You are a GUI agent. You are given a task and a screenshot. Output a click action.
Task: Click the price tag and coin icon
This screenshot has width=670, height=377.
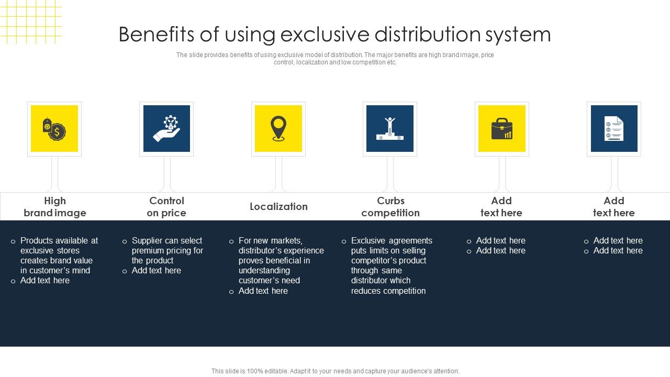54,129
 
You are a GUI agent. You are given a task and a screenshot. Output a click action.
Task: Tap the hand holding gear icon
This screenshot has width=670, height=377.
166,129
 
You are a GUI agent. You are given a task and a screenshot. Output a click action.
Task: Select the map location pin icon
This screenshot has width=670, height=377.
278,129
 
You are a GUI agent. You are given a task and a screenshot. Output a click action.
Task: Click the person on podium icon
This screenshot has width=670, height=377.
390,129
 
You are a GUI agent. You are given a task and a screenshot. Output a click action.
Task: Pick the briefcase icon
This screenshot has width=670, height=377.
502,129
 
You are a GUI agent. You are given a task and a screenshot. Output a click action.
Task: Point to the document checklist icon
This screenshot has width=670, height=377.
614,129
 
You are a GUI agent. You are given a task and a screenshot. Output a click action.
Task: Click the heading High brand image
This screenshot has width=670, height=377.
55,207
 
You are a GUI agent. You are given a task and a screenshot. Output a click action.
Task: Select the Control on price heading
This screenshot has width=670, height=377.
166,207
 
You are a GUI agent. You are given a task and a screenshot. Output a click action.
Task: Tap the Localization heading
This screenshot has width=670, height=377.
278,206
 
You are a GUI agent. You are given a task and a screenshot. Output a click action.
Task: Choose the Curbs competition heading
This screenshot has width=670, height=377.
390,207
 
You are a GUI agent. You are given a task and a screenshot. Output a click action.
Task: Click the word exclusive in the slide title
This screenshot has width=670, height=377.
316,35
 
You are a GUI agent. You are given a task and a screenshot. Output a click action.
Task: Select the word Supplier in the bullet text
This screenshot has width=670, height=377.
148,240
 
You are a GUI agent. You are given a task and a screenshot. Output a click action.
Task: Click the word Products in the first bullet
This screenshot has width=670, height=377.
37,240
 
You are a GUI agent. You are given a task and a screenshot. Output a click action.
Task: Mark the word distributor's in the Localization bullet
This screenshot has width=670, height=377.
260,250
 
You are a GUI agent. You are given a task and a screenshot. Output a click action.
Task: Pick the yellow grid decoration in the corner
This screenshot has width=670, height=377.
30,21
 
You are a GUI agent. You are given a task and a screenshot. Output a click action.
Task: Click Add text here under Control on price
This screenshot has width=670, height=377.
157,270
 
